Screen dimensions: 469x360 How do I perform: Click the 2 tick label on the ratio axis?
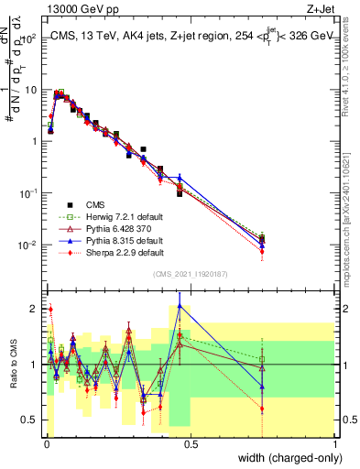tap(34, 307)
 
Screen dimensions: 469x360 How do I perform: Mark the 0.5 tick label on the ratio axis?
tap(30, 421)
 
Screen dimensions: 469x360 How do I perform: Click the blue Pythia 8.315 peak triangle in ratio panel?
tap(180, 306)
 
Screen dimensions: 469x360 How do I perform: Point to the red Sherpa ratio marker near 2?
tap(50, 309)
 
